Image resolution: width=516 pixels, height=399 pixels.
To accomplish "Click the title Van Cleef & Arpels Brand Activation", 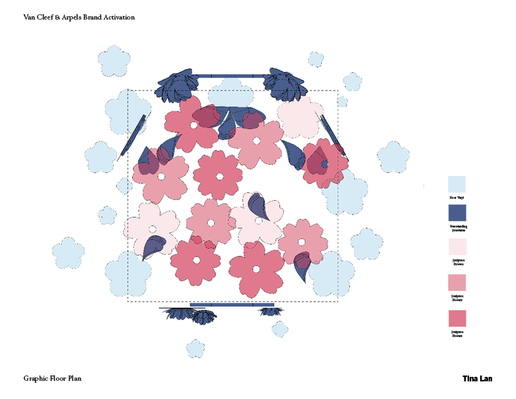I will (x=79, y=18).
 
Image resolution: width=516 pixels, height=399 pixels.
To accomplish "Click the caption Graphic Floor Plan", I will (x=52, y=378).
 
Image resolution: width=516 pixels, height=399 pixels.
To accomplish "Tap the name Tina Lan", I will (x=477, y=378).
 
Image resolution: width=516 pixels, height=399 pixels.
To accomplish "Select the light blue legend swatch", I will (x=457, y=185).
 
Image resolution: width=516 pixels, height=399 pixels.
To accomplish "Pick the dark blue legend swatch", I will (x=457, y=213).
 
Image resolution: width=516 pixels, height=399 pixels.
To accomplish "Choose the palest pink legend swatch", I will (x=457, y=246).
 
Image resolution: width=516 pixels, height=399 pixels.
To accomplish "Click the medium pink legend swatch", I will (x=457, y=282).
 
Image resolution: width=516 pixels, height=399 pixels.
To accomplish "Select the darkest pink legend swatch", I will (x=457, y=318).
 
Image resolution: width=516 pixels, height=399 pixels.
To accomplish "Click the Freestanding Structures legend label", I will (x=459, y=228).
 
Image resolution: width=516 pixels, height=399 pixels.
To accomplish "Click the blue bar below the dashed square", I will (x=231, y=304).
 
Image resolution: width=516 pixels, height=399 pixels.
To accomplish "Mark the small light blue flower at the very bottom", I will (x=195, y=348).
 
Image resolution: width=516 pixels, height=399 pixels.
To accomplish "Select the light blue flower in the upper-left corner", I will (x=115, y=60).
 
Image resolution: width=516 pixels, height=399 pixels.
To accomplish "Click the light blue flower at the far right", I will (x=393, y=156).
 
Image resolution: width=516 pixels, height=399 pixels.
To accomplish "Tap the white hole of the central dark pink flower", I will (x=219, y=176).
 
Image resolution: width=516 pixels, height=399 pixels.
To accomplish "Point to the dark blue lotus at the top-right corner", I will (x=285, y=84).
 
